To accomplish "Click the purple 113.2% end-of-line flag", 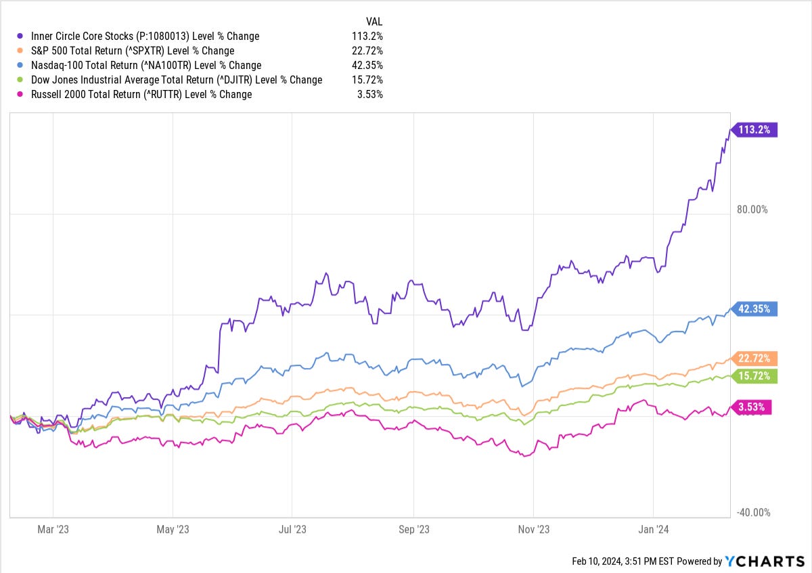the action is pos(754,130).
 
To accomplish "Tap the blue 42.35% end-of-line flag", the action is pos(754,308).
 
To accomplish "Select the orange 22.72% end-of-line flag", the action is pos(754,359).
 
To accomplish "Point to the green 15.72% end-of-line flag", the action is pos(754,376).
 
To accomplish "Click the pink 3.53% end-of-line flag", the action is pos(752,407).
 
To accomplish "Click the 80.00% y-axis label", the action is pos(752,210).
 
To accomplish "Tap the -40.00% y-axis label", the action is pos(753,513).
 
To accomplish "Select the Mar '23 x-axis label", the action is pos(53,530).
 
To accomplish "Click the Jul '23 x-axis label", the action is pos(292,530).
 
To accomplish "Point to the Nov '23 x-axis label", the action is pos(534,530).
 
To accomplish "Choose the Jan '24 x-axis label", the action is pos(653,530).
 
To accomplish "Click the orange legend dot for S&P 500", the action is pos(20,50).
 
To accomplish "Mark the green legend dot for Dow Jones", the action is pos(20,79).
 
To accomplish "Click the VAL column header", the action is pos(374,22).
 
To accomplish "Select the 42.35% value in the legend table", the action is pos(367,65).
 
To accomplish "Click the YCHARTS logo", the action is pos(765,561).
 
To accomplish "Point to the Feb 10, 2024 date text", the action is pos(597,561).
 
